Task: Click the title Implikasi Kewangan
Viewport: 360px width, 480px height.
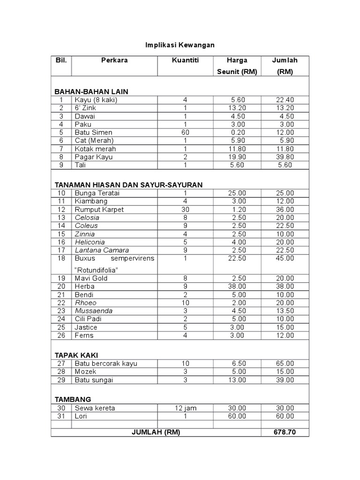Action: [180, 45]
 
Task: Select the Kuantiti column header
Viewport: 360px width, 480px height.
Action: [185, 60]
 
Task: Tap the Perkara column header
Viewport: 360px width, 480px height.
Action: [114, 60]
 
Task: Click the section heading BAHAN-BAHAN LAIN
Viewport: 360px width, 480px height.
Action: [91, 91]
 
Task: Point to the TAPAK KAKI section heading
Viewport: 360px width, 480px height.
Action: [76, 355]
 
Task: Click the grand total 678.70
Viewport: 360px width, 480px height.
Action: [285, 432]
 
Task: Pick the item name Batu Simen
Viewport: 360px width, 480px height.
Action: [93, 132]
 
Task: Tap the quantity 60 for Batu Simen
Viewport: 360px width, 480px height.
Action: [185, 132]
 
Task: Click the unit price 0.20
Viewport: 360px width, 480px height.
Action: [238, 132]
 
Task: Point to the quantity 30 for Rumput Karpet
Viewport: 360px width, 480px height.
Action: [185, 210]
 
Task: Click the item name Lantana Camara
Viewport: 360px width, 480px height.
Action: [102, 250]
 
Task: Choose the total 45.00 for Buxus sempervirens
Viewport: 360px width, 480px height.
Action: [285, 258]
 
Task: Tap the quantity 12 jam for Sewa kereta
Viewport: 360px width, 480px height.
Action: [185, 408]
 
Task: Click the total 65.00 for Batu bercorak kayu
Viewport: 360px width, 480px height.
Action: [285, 363]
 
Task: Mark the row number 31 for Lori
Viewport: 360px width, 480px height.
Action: [60, 416]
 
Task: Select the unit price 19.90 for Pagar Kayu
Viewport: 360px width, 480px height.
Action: [238, 157]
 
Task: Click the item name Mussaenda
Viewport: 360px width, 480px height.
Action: [94, 310]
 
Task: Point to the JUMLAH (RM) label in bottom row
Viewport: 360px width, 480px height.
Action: [156, 432]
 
